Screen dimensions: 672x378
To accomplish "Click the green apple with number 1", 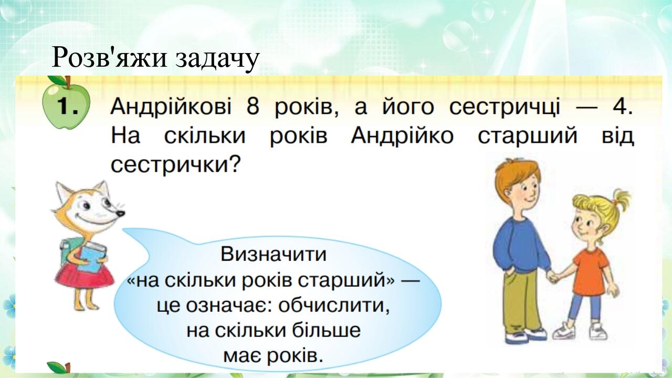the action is click(66, 103).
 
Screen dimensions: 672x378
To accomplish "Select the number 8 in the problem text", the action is click(253, 107).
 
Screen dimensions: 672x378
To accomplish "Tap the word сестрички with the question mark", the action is click(176, 165).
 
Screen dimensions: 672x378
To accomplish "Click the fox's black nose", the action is click(121, 214).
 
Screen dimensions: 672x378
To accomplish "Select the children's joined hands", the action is click(553, 276).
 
